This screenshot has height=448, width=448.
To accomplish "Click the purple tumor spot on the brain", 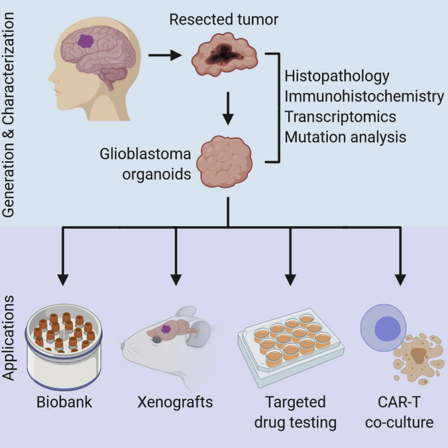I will tap(86, 41).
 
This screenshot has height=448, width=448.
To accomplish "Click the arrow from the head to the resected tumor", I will tap(166, 56).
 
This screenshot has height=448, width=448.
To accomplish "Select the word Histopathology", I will tap(337, 76).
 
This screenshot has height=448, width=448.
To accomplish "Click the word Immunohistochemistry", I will tap(364, 96).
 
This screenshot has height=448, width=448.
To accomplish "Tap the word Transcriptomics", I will tap(340, 117).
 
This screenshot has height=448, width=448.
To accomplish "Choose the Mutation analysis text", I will tap(345, 138).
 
